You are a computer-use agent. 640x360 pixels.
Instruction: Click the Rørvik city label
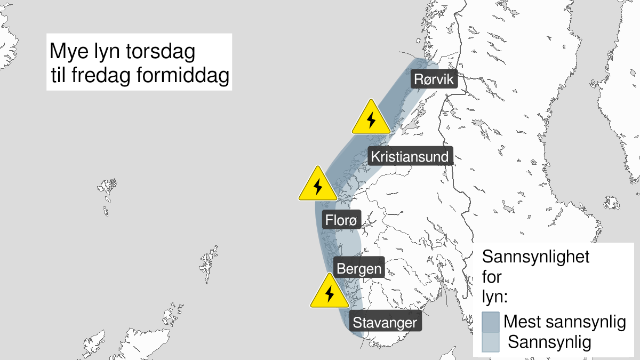(x=434, y=80)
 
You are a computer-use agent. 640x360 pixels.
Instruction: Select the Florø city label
(x=342, y=220)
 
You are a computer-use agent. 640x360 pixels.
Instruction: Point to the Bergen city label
(x=358, y=268)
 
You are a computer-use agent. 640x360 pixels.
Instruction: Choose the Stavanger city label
(x=385, y=323)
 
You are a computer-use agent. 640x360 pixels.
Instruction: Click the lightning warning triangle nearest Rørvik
(x=371, y=118)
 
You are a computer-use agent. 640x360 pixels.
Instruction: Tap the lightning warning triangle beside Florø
(x=318, y=185)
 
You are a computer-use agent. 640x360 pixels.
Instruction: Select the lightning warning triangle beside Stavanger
(x=330, y=292)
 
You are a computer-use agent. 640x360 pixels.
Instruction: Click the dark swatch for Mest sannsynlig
(x=490, y=322)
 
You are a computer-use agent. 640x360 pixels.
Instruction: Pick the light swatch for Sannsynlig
(x=490, y=342)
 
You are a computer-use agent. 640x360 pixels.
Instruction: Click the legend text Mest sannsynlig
(x=564, y=322)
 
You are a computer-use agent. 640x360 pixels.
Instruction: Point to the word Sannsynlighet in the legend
(x=535, y=257)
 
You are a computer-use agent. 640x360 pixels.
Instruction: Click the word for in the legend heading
(x=492, y=277)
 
